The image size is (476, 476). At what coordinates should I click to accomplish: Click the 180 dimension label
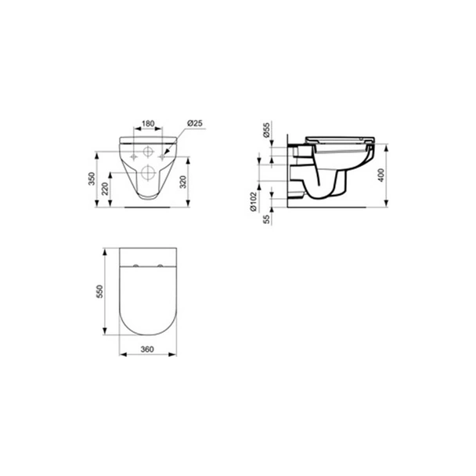[149, 124]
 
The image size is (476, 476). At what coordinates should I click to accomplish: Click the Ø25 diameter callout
[195, 123]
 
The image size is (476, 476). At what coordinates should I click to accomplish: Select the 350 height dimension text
[92, 178]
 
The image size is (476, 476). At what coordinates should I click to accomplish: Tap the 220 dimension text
[105, 189]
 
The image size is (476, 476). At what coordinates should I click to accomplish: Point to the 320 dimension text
[183, 182]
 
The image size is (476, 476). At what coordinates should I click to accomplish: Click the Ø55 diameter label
[266, 130]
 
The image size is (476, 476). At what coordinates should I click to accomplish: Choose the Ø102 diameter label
[254, 202]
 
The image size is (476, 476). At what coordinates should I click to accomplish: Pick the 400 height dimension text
[381, 175]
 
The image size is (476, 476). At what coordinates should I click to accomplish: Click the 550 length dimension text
[100, 292]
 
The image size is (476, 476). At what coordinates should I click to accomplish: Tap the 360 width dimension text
[147, 349]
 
